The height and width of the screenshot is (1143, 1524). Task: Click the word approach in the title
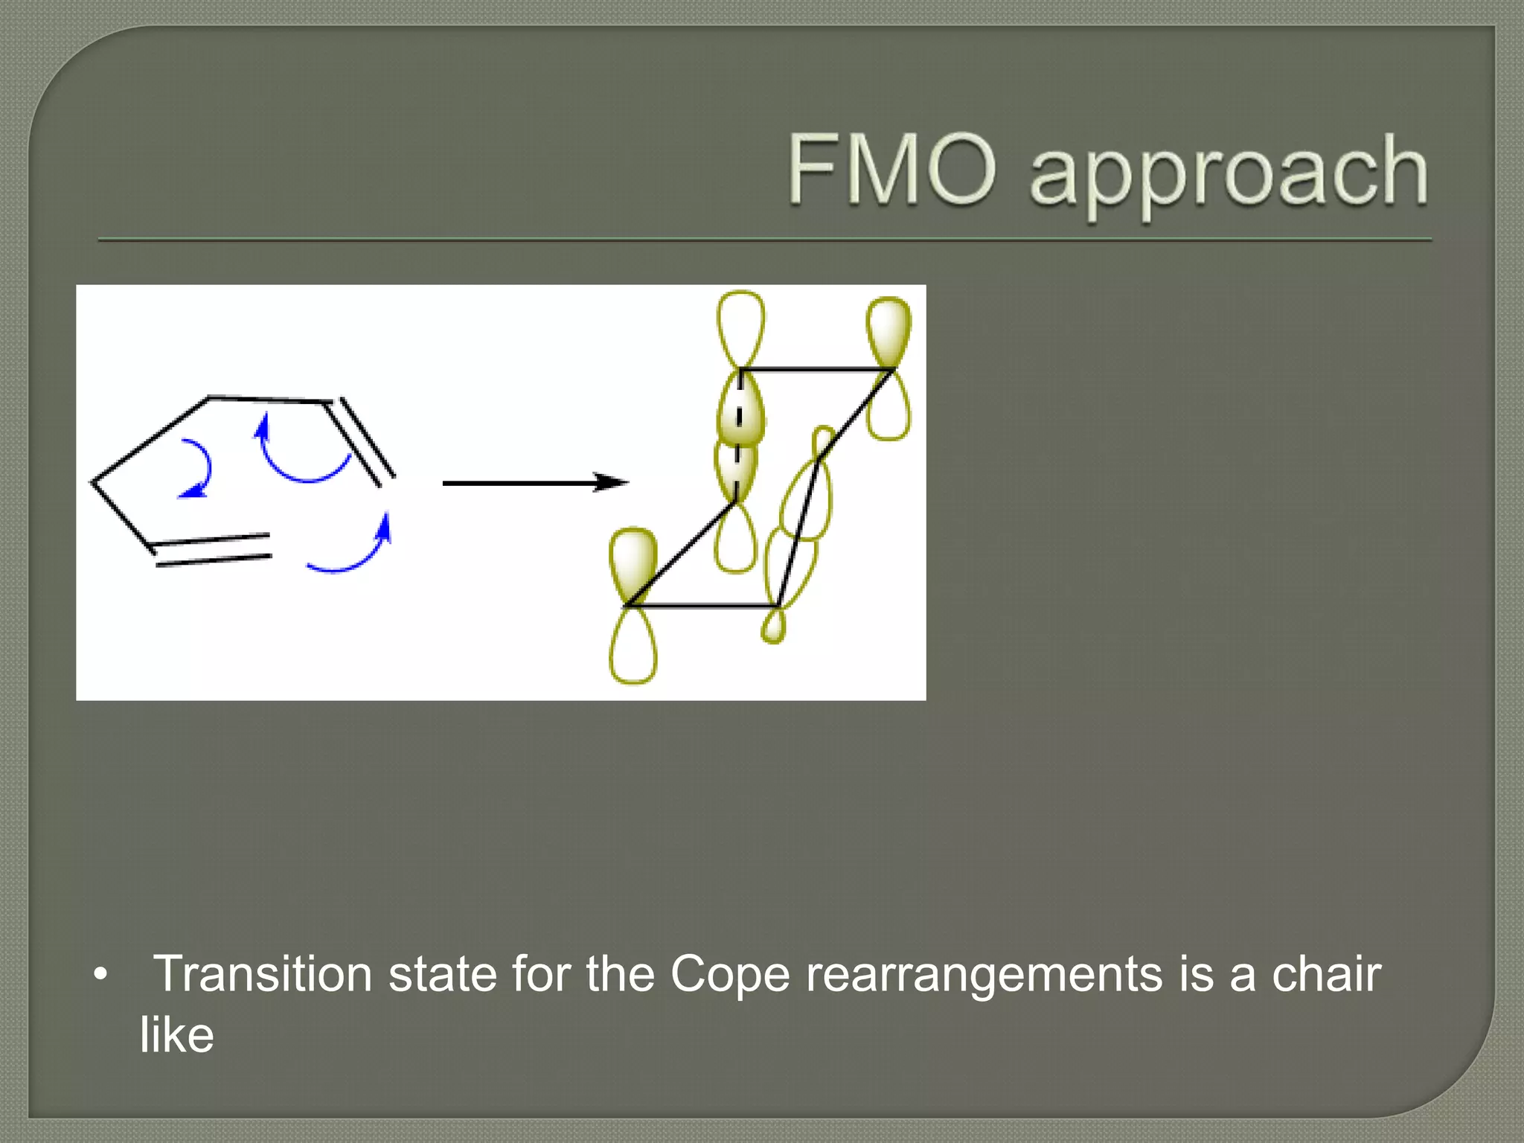1228,173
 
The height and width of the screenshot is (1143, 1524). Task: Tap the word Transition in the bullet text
262,974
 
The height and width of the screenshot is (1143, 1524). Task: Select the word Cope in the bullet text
729,976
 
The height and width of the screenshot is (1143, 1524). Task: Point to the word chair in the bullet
1326,974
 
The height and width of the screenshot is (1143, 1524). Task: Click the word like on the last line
177,1035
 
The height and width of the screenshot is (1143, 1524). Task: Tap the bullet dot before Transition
101,974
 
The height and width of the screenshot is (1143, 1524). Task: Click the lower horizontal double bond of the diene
212,550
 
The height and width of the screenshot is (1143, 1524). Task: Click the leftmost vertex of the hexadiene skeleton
93,481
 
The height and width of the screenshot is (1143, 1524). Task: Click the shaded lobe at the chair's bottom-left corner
633,562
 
